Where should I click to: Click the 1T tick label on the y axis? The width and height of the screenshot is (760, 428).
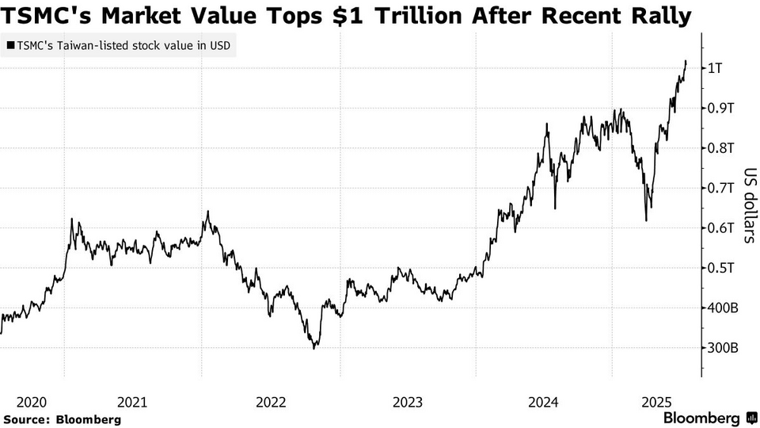click(716, 68)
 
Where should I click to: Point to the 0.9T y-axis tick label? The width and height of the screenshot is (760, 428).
click(720, 108)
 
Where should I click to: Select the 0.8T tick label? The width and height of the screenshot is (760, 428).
click(720, 148)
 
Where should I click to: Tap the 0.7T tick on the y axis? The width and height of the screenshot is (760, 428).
click(720, 188)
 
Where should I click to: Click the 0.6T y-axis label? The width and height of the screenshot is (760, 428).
click(720, 228)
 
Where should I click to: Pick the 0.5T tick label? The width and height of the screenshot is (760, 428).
click(720, 268)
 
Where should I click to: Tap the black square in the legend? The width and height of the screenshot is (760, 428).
click(10, 46)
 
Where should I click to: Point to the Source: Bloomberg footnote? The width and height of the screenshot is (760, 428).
click(62, 419)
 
